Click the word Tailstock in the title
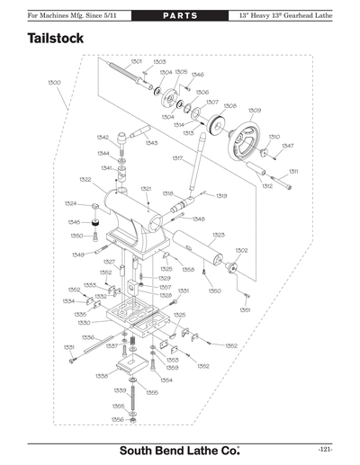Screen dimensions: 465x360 56,40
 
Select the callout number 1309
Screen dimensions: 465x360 255,110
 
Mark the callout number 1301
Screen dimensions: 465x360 137,61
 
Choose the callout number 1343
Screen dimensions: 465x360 151,143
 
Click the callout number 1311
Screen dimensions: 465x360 293,171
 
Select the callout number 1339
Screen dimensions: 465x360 119,390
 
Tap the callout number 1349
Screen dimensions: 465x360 77,255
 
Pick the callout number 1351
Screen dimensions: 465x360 245,309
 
